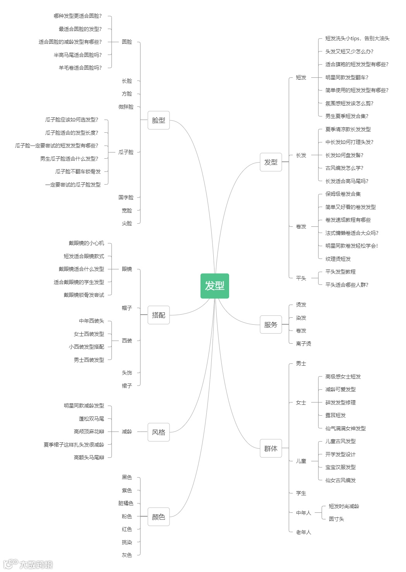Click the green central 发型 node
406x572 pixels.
(x=214, y=286)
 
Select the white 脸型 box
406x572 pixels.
(x=158, y=120)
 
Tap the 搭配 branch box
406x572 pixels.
(x=158, y=315)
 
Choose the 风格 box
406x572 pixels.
(x=158, y=432)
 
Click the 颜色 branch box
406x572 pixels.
(x=158, y=517)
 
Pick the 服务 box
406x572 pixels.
(x=271, y=325)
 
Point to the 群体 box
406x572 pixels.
(x=271, y=449)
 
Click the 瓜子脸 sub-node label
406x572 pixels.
(x=126, y=152)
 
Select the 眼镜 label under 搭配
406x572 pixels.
(x=127, y=269)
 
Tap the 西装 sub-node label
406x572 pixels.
(x=127, y=341)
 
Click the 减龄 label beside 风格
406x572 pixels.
(x=127, y=432)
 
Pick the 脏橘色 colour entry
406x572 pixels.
(x=126, y=503)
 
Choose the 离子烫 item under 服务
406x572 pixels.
(x=303, y=344)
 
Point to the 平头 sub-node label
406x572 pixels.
(x=301, y=278)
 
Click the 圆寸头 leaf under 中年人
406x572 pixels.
(x=336, y=519)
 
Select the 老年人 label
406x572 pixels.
(x=303, y=532)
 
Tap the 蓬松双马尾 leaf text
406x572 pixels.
(x=91, y=419)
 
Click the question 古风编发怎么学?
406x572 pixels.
(x=344, y=168)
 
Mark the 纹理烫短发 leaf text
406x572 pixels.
(x=338, y=259)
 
